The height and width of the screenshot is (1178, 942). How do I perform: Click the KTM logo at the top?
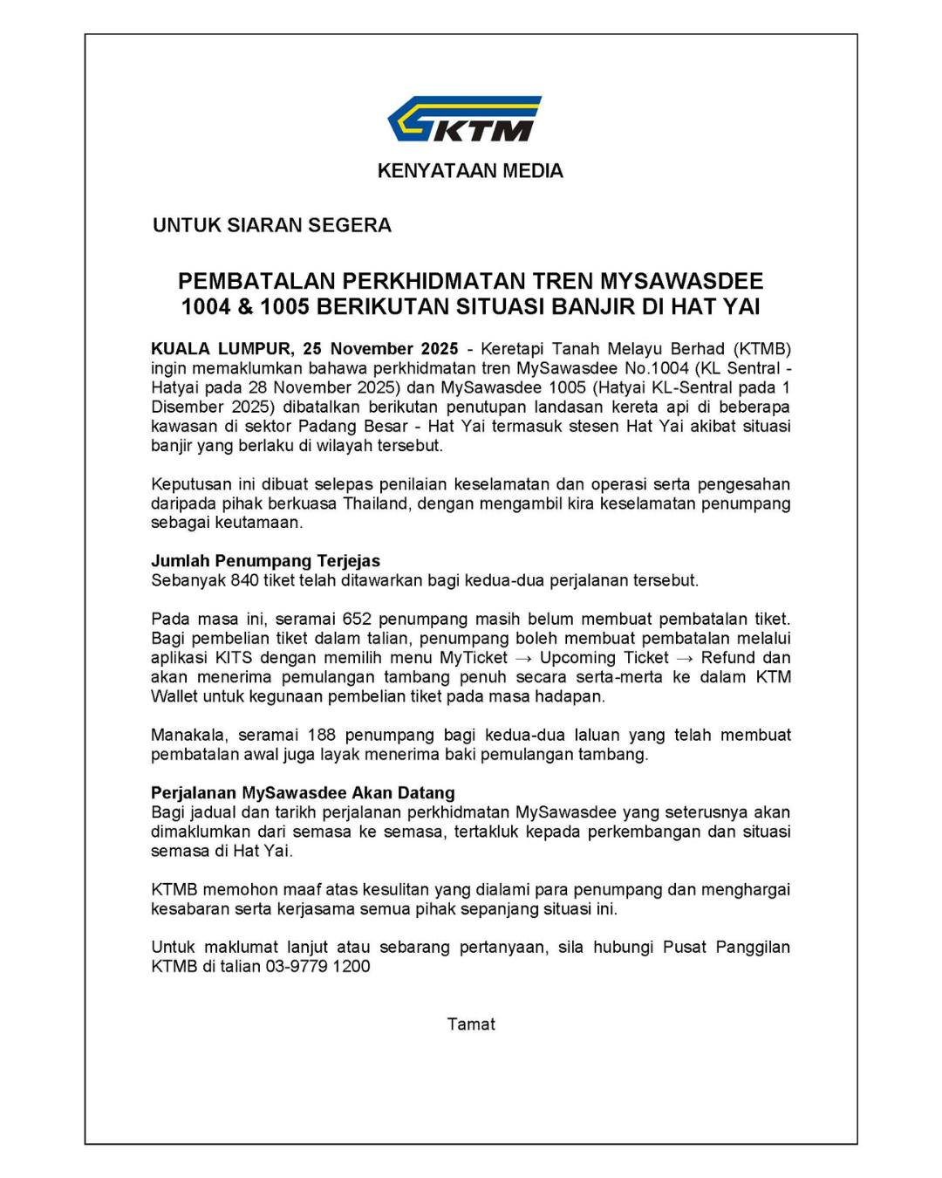(464, 119)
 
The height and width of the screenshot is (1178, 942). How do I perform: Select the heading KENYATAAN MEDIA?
(470, 171)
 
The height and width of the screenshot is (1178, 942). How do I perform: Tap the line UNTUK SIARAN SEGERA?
(272, 225)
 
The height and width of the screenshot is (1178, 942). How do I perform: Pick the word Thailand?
(375, 503)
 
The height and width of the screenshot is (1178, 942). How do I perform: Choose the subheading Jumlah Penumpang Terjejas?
(265, 561)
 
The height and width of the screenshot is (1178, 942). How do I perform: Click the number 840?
(245, 580)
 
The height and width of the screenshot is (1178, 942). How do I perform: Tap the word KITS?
(234, 658)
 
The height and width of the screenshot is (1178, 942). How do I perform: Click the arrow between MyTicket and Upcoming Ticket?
(523, 658)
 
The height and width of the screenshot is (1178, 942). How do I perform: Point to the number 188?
(322, 735)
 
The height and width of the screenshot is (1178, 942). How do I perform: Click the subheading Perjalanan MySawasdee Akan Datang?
(303, 793)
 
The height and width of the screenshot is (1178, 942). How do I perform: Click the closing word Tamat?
(471, 1024)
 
